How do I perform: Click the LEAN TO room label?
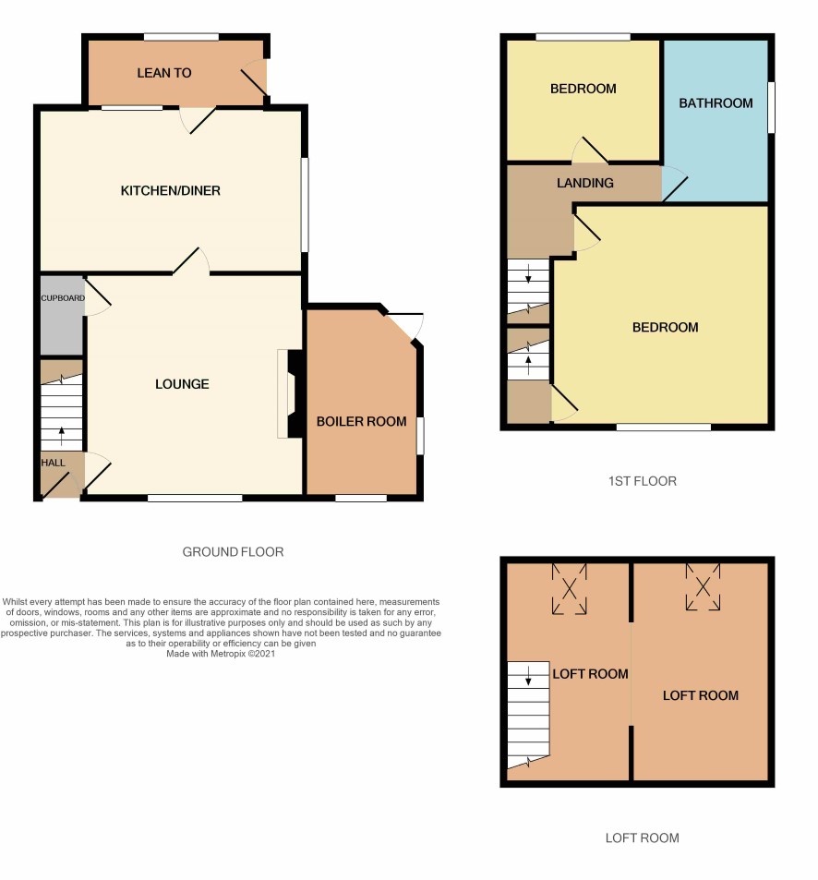coord(163,73)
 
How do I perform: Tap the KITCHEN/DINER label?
coord(171,191)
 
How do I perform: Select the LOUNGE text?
coord(182,384)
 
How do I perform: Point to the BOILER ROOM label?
coord(361,421)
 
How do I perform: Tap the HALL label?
coord(53,463)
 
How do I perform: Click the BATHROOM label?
coord(716,103)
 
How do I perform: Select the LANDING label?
coord(585,183)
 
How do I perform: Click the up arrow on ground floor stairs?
coord(61,436)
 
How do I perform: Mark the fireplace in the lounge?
coord(291,394)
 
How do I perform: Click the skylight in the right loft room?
coord(703,587)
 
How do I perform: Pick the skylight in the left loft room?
coord(570,589)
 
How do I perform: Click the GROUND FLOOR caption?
coord(233,552)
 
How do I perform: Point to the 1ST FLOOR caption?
coord(643,481)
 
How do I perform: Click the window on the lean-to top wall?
coord(181,37)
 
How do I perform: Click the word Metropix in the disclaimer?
coord(228,654)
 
